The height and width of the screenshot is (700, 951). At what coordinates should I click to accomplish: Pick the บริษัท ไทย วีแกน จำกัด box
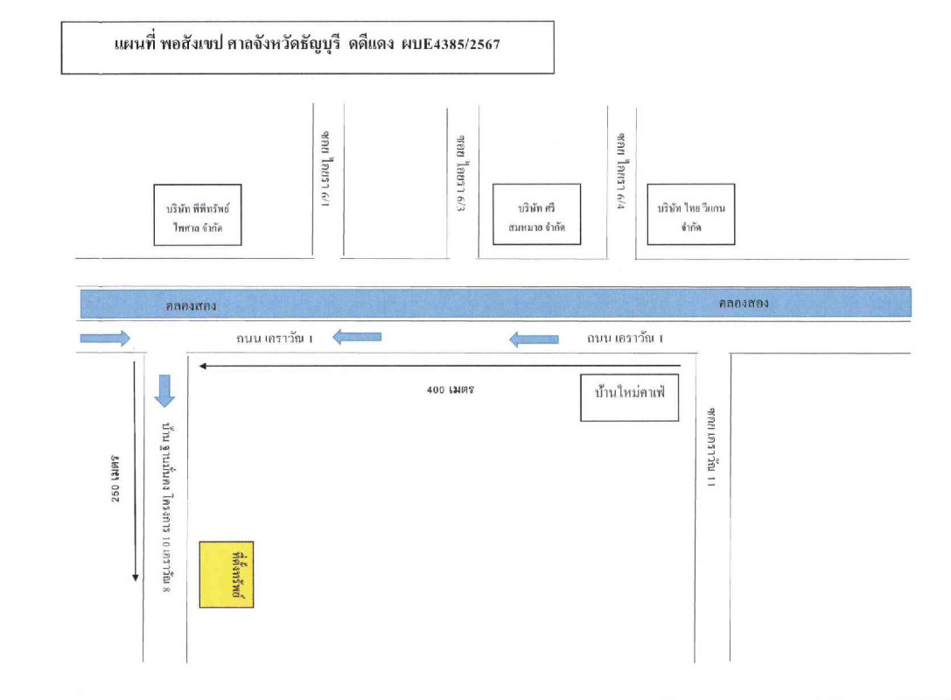[690, 214]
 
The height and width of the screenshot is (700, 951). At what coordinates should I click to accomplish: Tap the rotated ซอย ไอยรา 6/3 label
[461, 167]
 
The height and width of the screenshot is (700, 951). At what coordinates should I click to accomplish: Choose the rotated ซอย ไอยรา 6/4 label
[621, 167]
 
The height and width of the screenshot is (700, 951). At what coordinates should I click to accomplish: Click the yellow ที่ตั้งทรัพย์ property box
[227, 574]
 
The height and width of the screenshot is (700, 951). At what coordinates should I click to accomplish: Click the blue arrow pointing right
[105, 338]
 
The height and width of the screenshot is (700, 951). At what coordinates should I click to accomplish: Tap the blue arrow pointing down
[164, 390]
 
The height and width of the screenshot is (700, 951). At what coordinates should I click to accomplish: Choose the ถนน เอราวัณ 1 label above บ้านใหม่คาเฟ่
[625, 338]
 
